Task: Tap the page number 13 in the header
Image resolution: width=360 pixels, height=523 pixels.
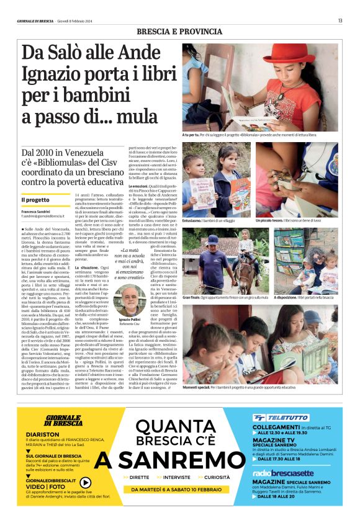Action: (340, 21)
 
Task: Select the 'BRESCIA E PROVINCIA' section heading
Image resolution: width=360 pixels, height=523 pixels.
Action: (179, 32)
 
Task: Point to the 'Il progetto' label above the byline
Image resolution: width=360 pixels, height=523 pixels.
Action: (34, 200)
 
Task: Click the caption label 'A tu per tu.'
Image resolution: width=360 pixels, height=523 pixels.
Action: (191, 135)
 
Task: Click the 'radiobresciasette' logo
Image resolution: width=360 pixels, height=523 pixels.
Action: (280, 473)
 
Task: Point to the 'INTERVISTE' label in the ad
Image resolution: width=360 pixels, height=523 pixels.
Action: (179, 478)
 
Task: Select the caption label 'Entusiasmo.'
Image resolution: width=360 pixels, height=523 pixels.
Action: (196, 220)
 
